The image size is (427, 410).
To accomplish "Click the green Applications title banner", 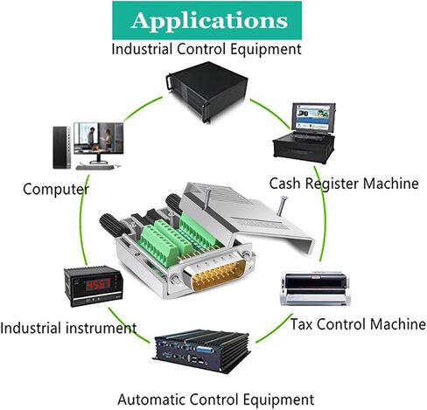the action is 206,20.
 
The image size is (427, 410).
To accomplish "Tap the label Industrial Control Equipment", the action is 206,49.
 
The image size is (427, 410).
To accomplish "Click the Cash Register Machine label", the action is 344,184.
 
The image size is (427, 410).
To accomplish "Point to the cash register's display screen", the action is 312,116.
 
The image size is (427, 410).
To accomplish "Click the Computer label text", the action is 56,189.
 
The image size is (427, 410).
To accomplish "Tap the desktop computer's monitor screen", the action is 99,138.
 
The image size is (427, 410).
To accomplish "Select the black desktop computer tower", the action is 62,148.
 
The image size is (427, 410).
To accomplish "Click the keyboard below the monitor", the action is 94,168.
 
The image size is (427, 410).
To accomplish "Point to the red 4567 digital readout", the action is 98,284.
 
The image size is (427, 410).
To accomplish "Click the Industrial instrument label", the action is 68,328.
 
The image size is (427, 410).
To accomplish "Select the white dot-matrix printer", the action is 315,288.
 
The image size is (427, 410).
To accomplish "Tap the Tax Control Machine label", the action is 358,324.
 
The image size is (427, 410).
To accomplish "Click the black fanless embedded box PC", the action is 201,351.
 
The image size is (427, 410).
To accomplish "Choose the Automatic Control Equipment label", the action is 216,400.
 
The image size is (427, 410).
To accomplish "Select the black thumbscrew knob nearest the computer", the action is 115,225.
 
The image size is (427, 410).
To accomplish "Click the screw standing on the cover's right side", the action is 282,205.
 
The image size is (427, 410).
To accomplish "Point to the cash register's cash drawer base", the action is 304,149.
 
